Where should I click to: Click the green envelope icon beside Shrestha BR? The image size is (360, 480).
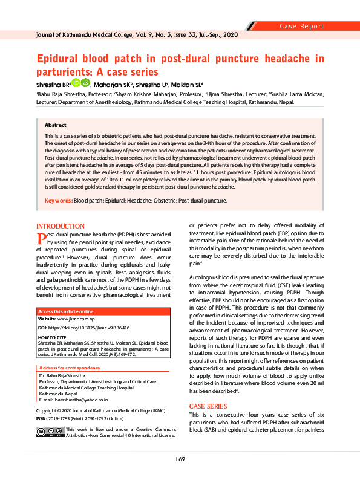(x=86, y=83)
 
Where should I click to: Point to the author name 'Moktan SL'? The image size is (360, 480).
(x=185, y=85)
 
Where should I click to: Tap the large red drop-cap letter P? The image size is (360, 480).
(x=42, y=239)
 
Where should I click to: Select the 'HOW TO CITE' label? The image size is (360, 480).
(x=52, y=336)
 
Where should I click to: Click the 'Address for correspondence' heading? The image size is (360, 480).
(x=69, y=368)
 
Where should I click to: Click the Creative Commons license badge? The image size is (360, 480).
(x=50, y=433)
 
